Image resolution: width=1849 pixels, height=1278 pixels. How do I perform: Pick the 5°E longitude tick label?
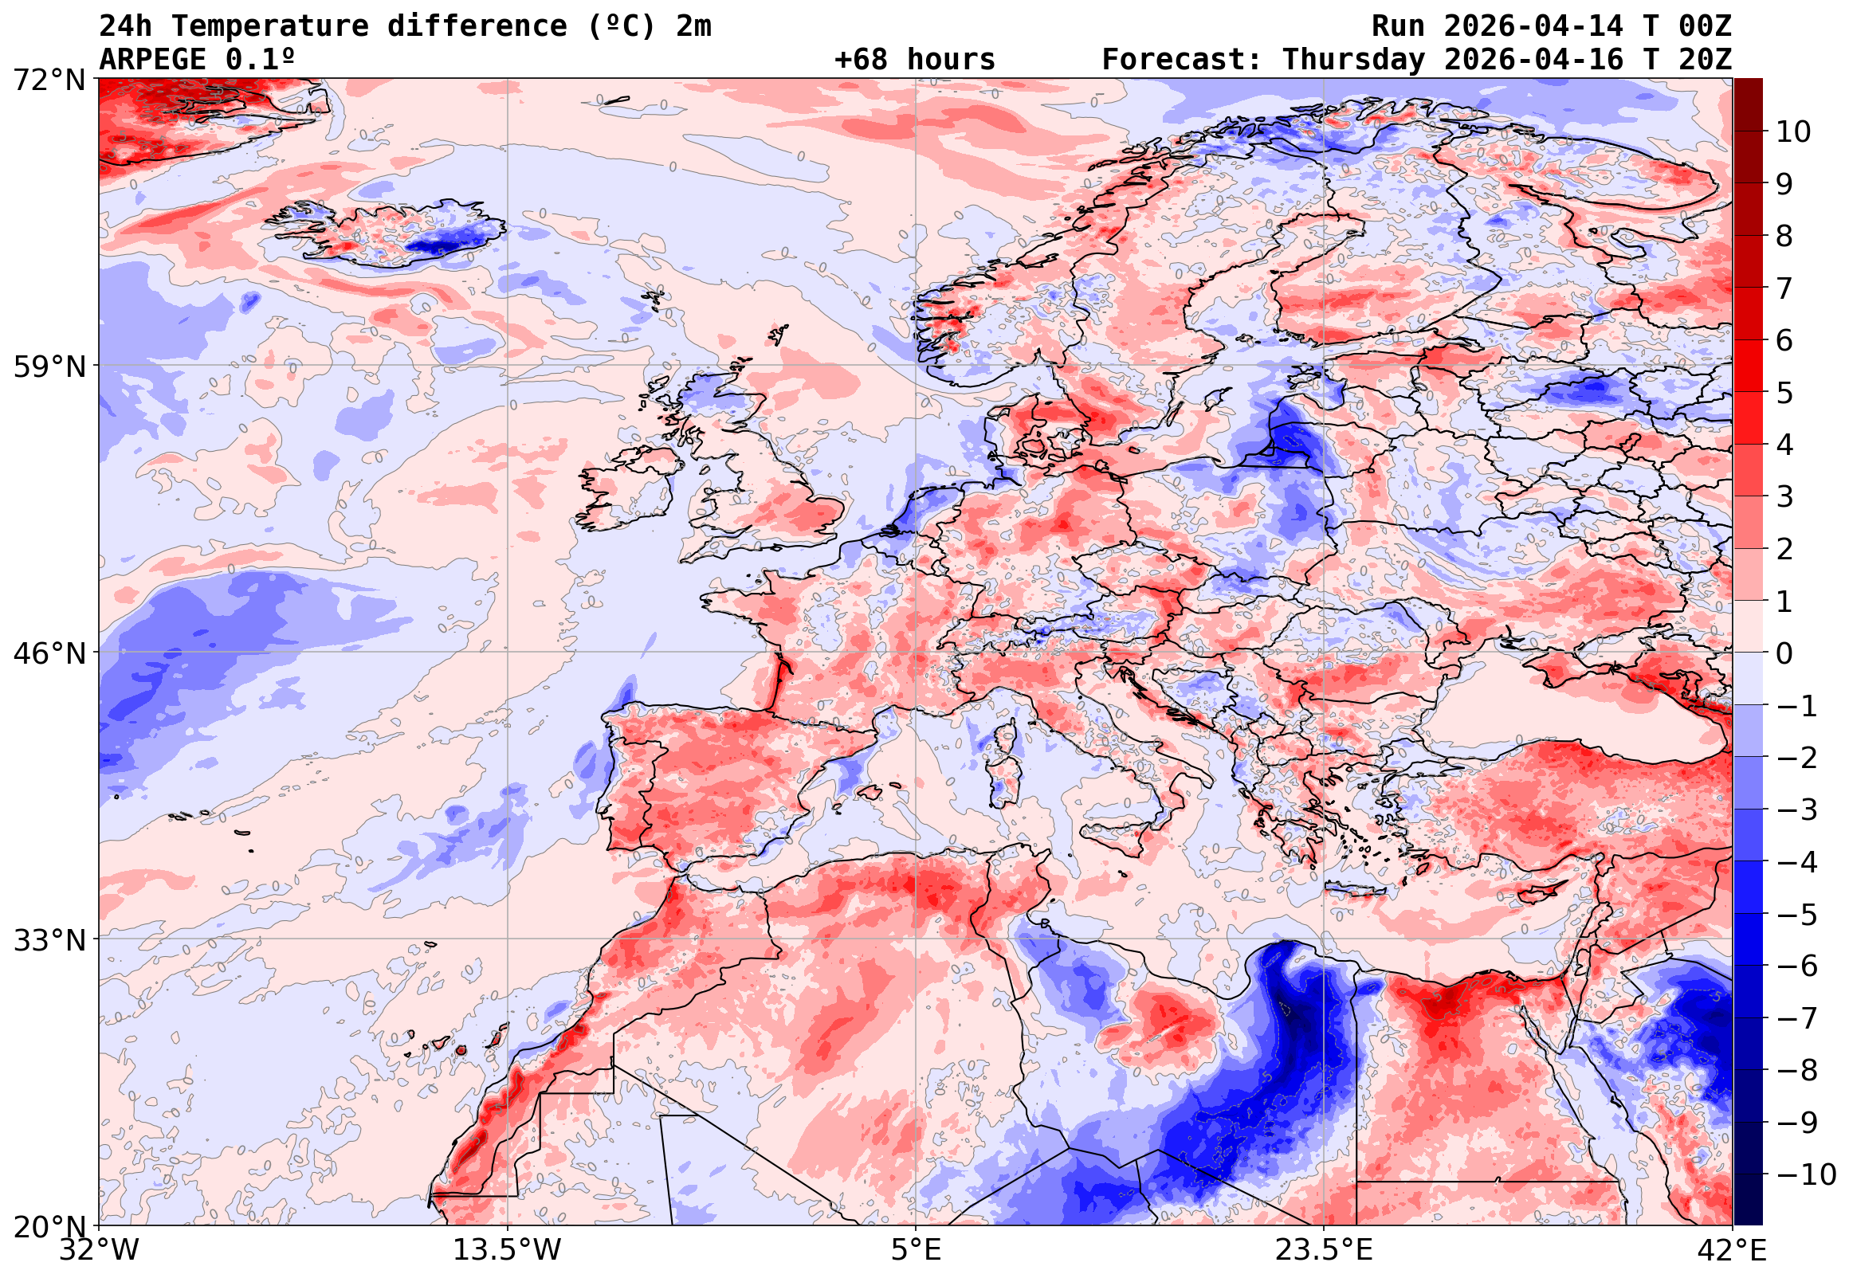(x=916, y=1250)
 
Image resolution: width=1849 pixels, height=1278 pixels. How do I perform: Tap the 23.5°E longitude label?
(x=1324, y=1250)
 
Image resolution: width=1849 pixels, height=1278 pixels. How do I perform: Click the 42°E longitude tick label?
(x=1732, y=1250)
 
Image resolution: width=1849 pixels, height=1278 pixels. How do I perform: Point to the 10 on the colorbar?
(x=1793, y=132)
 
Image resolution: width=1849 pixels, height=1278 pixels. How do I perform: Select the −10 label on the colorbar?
(x=1806, y=1174)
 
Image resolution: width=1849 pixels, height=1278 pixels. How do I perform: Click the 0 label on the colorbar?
(x=1784, y=653)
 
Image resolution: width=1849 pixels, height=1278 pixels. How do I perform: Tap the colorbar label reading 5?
(x=1784, y=393)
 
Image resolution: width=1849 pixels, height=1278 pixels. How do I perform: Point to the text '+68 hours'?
(x=914, y=59)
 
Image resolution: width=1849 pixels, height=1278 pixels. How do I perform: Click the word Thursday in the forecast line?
(x=1353, y=59)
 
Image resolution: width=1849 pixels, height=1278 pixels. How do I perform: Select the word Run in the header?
(x=1398, y=26)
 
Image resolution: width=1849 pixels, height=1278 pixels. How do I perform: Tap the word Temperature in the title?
(x=269, y=26)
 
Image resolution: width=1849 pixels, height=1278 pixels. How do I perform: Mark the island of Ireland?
(x=629, y=488)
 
